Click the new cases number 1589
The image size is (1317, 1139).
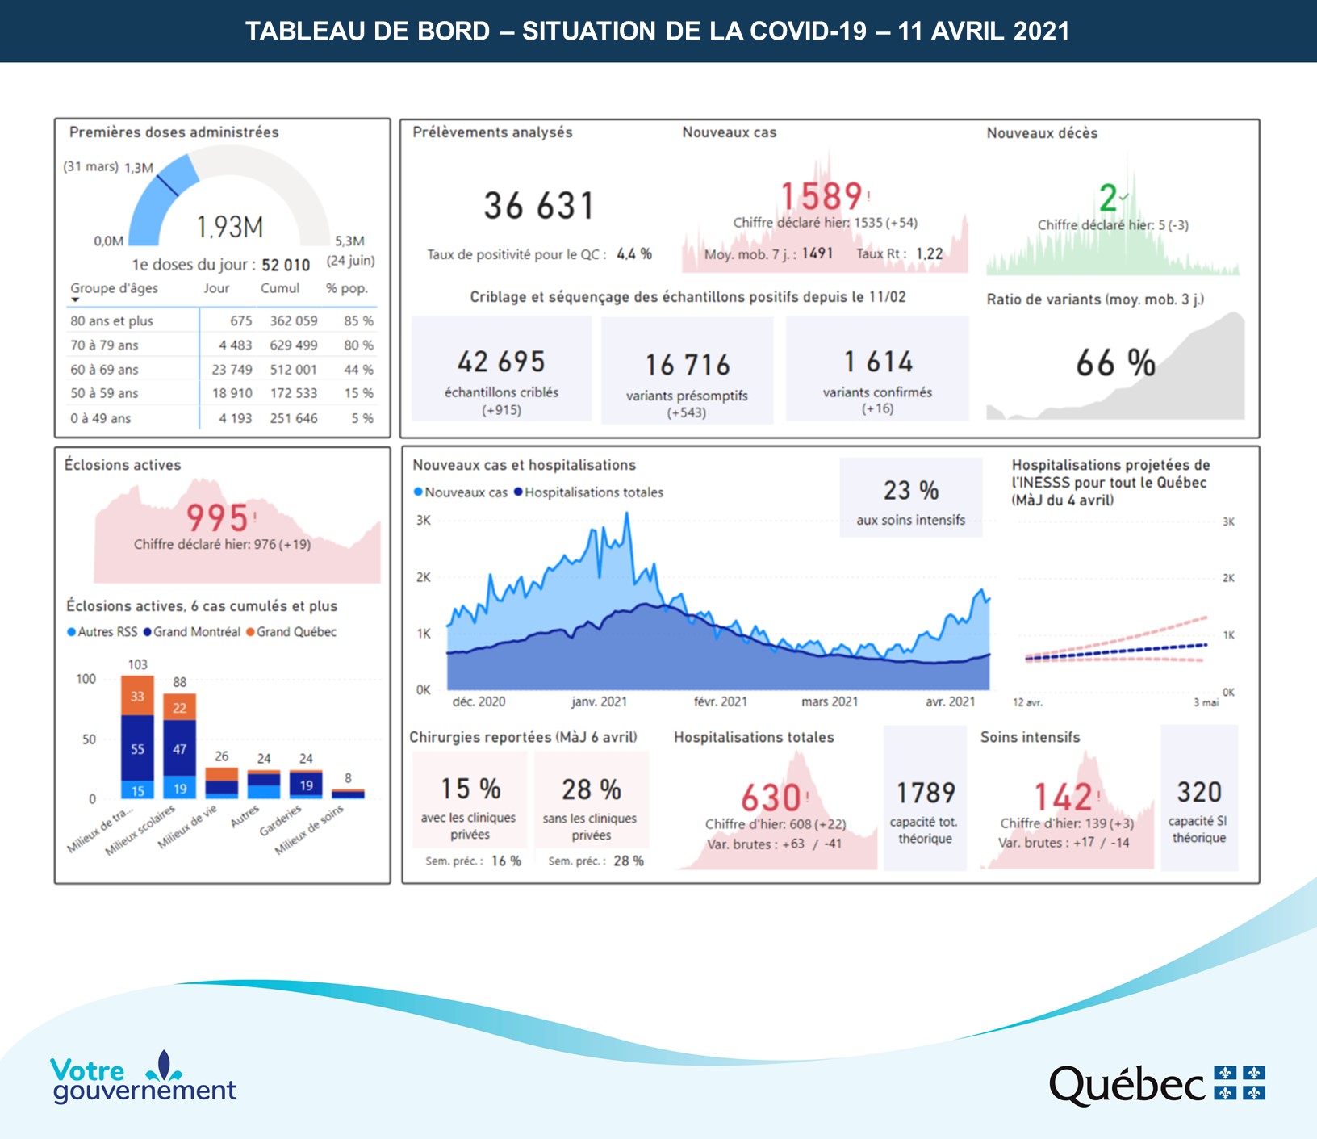(822, 197)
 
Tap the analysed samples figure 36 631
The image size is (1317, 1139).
(539, 206)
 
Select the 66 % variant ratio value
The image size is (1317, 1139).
(1115, 363)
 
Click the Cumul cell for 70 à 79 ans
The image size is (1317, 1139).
(293, 345)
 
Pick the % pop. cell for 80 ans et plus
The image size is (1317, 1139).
(358, 321)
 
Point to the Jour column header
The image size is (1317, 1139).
(216, 288)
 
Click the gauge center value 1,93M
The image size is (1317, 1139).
(230, 227)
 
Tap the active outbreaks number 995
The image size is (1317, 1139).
(217, 517)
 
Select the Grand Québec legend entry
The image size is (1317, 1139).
(291, 632)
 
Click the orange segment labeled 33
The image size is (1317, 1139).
(137, 696)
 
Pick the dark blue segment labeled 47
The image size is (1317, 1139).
(179, 748)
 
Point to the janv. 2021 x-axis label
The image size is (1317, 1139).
(599, 701)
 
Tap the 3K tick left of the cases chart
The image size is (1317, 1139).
(424, 521)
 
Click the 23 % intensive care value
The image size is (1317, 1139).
(910, 491)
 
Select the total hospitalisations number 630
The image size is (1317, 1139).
(771, 798)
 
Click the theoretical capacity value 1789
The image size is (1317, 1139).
(926, 793)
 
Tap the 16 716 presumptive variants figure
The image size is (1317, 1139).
(688, 365)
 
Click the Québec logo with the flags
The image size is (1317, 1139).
(1156, 1084)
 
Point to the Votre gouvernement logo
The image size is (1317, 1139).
(143, 1078)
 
